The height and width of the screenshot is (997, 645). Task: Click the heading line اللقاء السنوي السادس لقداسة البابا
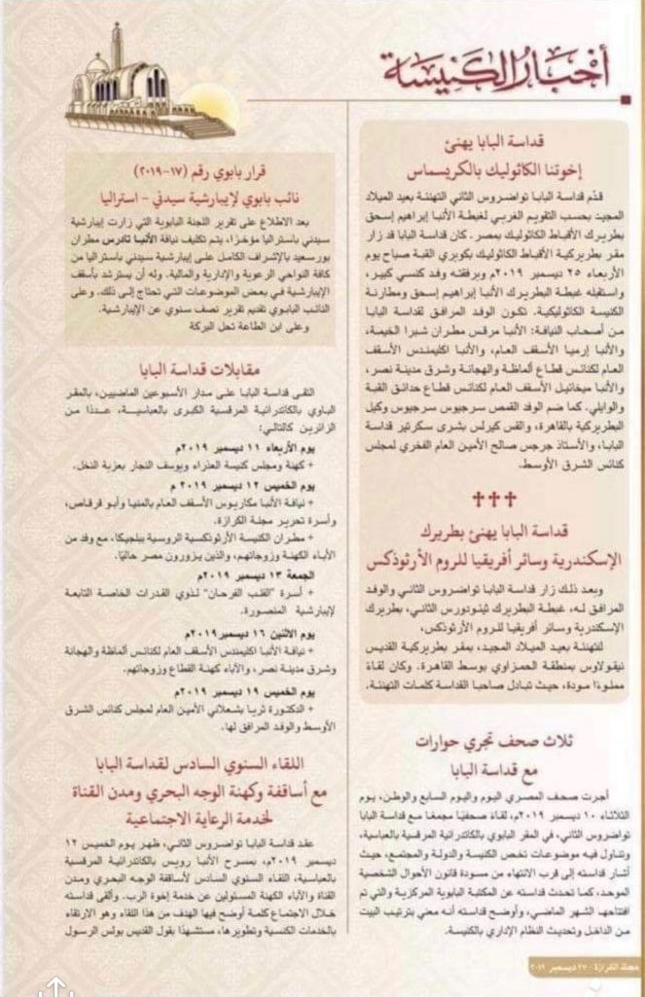[x=215, y=758]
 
